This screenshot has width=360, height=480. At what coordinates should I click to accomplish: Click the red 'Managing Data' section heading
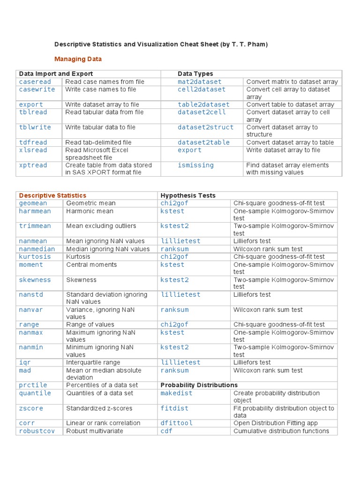[x=78, y=59]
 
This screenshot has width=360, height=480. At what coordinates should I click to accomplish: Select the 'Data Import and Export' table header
[x=56, y=74]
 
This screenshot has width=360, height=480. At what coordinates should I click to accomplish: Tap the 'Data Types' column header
[x=195, y=74]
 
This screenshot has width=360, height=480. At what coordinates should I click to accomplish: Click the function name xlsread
[x=33, y=150]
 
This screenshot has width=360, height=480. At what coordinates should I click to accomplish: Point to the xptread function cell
[x=33, y=165]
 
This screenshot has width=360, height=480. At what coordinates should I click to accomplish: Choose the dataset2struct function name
[x=205, y=127]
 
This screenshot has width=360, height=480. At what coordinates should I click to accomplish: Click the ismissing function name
[x=195, y=165]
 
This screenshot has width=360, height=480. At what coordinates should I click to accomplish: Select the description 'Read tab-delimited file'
[x=98, y=142]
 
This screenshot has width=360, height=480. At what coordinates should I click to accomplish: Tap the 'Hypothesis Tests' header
[x=188, y=195]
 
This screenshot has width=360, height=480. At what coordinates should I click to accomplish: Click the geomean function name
[x=33, y=203]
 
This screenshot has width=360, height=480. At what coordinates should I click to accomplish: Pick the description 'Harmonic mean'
[x=90, y=211]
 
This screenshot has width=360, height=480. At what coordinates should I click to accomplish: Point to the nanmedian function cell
[x=37, y=249]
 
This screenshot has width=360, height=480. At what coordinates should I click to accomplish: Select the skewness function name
[x=35, y=280]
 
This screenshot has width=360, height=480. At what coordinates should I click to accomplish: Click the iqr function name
[x=24, y=362]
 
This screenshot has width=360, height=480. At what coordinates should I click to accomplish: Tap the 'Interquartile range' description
[x=93, y=362]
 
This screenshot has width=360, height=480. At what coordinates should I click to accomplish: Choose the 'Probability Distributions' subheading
[x=199, y=385]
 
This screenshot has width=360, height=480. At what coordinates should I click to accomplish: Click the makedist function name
[x=176, y=393]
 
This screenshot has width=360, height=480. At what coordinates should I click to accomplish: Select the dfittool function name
[x=176, y=423]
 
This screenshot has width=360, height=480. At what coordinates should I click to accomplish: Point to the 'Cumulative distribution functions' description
[x=281, y=431]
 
